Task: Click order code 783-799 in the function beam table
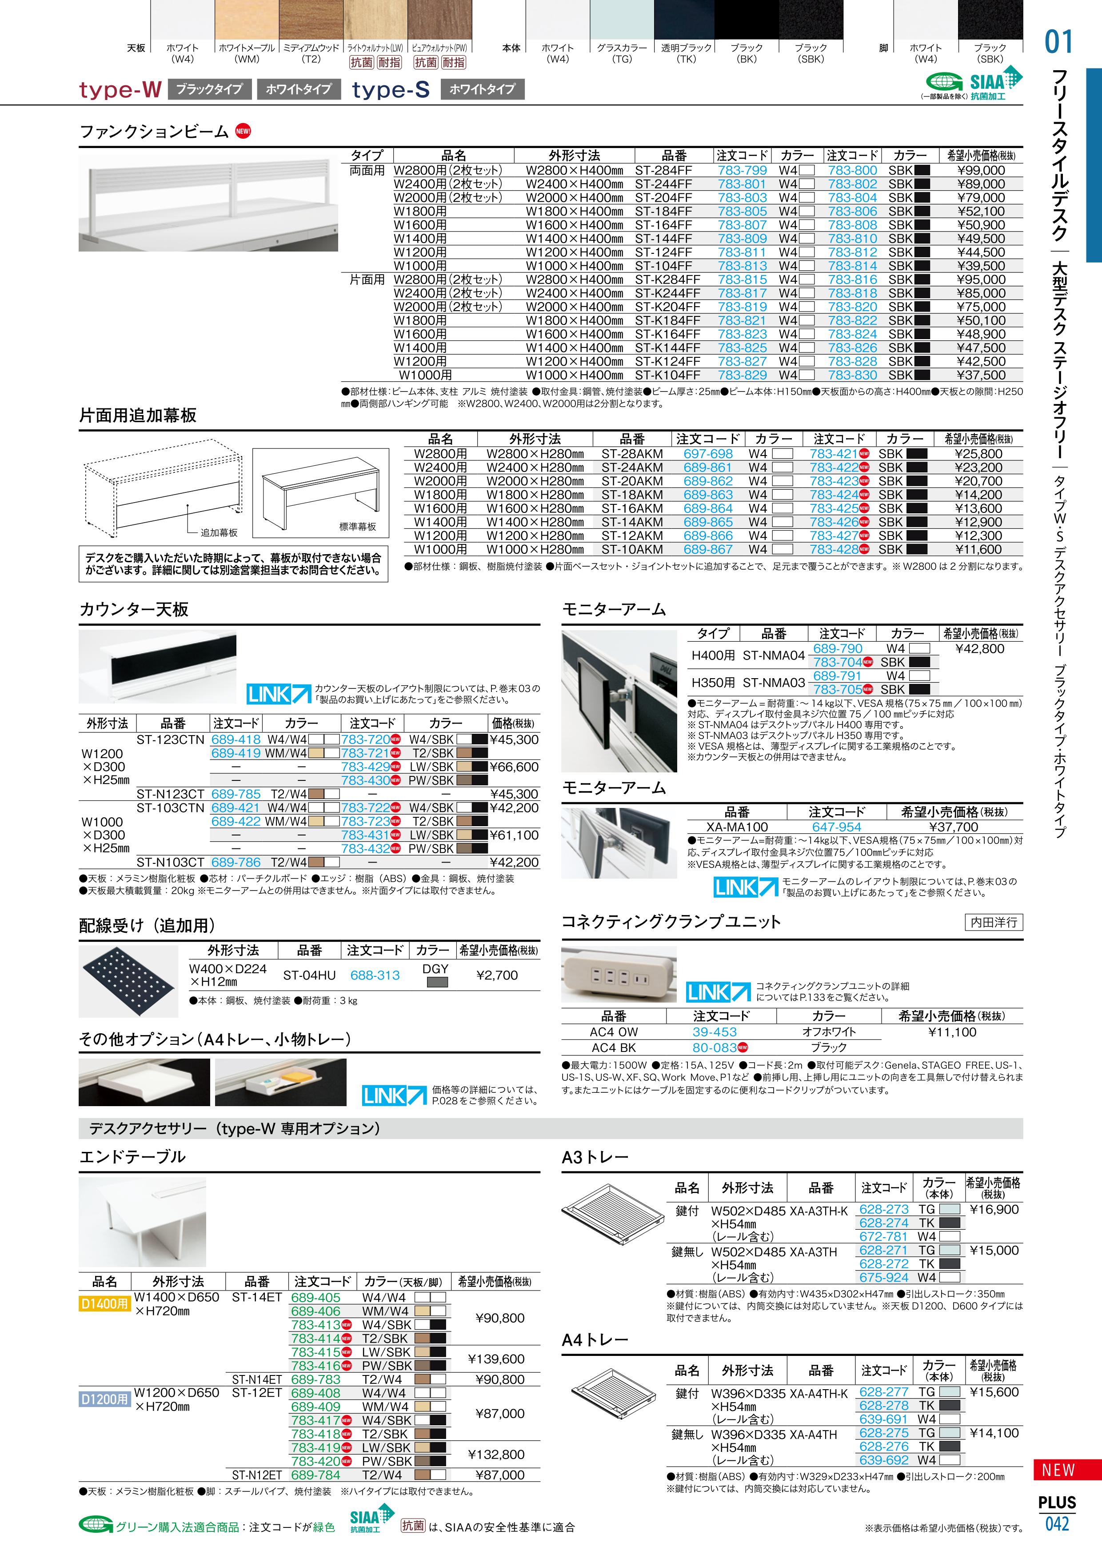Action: point(742,170)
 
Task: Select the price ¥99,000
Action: point(980,170)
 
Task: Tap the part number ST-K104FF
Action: point(667,375)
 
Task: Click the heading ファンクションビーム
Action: point(154,132)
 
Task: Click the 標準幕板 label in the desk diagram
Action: point(357,526)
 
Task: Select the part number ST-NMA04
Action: point(773,655)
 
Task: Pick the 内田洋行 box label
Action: point(994,922)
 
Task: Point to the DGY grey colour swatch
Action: point(437,982)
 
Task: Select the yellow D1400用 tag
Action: point(104,1304)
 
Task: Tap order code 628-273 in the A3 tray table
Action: point(883,1209)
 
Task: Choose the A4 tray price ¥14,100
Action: point(994,1433)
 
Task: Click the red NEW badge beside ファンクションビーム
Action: point(243,132)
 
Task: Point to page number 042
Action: point(1057,1524)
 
